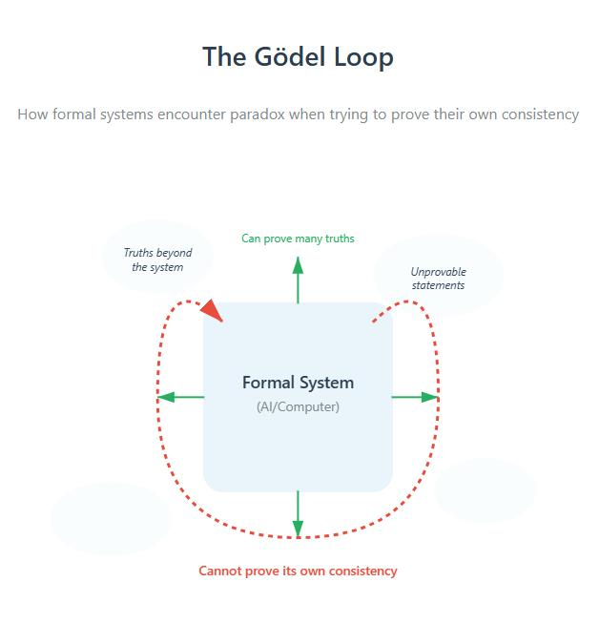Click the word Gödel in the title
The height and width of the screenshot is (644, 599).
pyautogui.click(x=290, y=56)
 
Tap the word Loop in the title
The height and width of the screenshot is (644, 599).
pyautogui.click(x=363, y=57)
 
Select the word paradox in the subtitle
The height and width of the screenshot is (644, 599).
pyautogui.click(x=258, y=114)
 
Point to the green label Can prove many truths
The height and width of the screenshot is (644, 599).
pyautogui.click(x=298, y=239)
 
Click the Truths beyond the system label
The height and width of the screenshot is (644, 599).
pyautogui.click(x=157, y=260)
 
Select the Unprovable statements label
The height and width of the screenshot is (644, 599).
pyautogui.click(x=438, y=279)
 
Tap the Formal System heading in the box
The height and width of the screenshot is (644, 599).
pyautogui.click(x=298, y=383)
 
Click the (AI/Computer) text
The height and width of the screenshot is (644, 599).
pyautogui.click(x=298, y=406)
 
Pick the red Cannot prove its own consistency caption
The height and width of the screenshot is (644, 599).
pyautogui.click(x=298, y=571)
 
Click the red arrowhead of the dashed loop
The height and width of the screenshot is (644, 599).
pyautogui.click(x=213, y=310)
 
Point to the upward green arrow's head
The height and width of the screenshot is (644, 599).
pyautogui.click(x=298, y=265)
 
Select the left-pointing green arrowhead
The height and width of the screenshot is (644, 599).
pyautogui.click(x=166, y=397)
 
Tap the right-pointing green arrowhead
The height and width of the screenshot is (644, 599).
pyautogui.click(x=430, y=397)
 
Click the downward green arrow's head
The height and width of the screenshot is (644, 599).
pyautogui.click(x=298, y=529)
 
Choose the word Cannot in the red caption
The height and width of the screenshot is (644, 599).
pyautogui.click(x=217, y=571)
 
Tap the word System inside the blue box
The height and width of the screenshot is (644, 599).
pyautogui.click(x=326, y=384)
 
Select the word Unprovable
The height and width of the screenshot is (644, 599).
pyautogui.click(x=439, y=272)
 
